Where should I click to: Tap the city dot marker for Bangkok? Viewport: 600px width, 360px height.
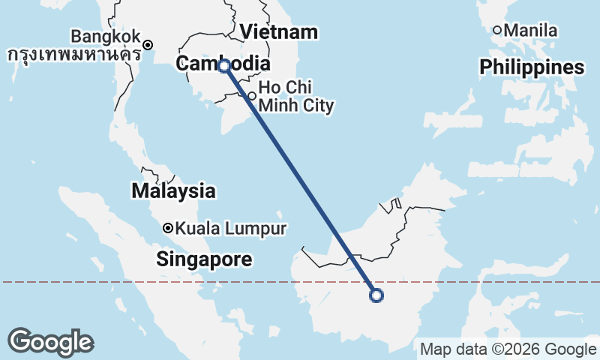tap(148, 44)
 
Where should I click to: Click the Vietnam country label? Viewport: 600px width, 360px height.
tap(280, 32)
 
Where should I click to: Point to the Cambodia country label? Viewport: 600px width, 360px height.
tap(222, 64)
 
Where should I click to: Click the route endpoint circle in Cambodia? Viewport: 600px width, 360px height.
tap(224, 66)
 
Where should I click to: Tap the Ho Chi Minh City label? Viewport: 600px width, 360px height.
tap(295, 97)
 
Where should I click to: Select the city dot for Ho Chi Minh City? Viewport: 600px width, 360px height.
tap(253, 96)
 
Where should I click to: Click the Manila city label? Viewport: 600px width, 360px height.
tap(531, 31)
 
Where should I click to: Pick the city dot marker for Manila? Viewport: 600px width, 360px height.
tap(497, 30)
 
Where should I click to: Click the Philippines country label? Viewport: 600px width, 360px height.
tap(532, 67)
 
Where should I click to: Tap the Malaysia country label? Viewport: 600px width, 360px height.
tap(173, 190)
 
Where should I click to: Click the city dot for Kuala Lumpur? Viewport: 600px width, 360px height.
tap(168, 228)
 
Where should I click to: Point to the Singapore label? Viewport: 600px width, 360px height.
tap(204, 259)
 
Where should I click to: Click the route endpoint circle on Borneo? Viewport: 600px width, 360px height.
tap(376, 295)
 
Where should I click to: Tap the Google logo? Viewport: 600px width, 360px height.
tap(50, 342)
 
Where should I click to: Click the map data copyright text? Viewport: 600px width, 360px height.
tap(507, 349)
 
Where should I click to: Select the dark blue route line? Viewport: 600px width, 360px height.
tap(300, 181)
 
